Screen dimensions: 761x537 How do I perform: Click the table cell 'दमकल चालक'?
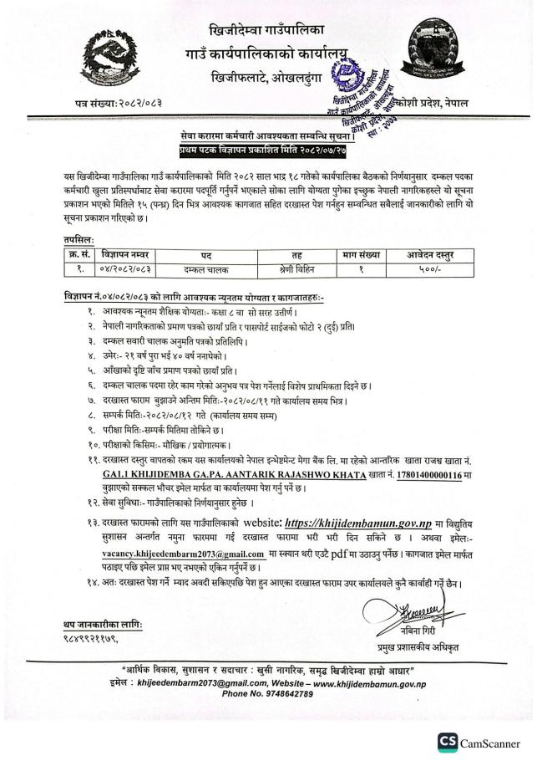tap(205, 269)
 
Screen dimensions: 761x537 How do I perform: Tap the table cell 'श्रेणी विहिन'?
tap(296, 269)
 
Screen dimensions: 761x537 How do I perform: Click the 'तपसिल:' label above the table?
tap(81, 238)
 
